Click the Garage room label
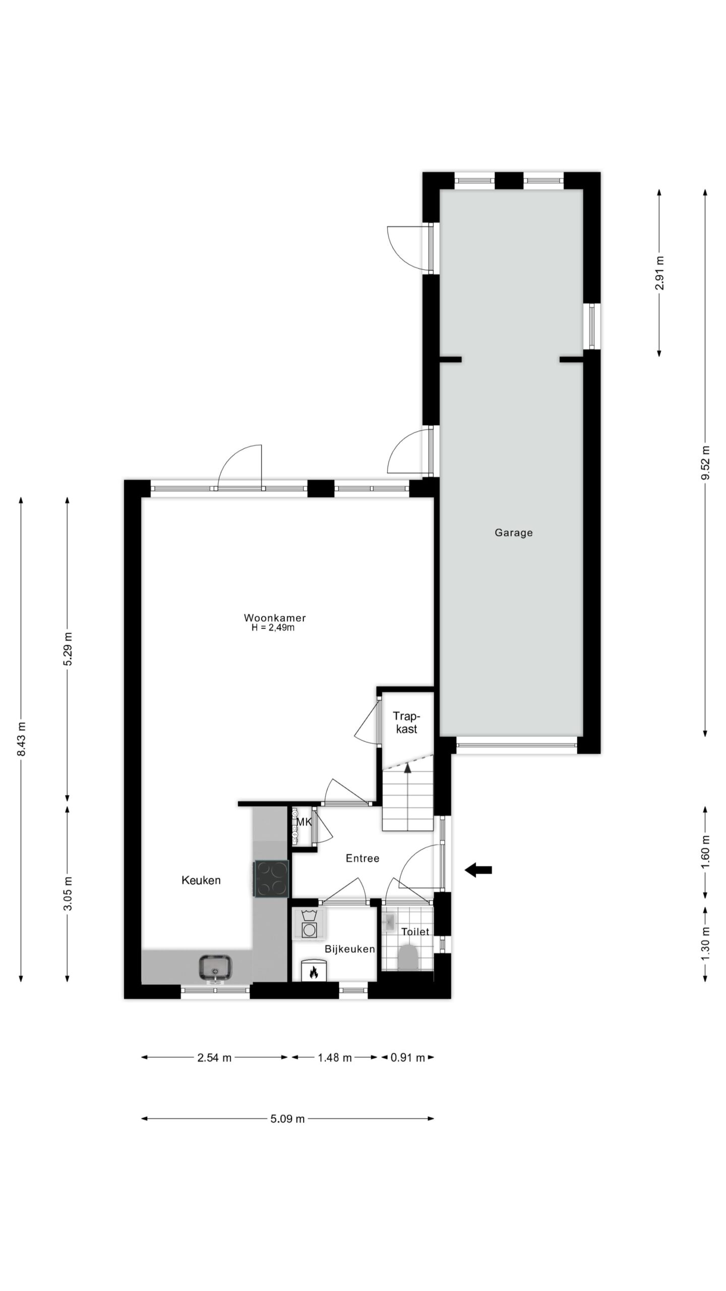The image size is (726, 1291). (x=513, y=533)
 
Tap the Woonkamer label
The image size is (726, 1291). (x=275, y=618)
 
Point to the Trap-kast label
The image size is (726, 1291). (x=406, y=722)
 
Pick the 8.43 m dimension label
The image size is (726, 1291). (x=21, y=739)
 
